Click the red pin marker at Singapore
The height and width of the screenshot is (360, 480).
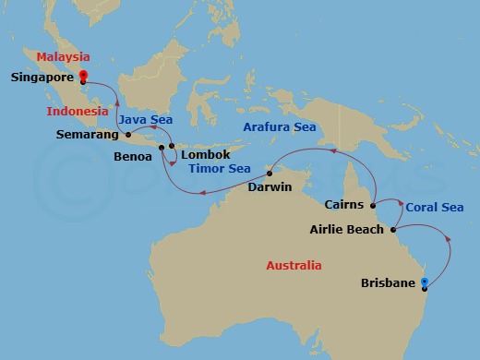tap(83, 77)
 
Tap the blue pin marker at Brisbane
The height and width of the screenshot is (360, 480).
tap(424, 282)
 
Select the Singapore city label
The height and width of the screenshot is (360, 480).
tap(42, 78)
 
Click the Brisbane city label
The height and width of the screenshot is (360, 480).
tap(389, 284)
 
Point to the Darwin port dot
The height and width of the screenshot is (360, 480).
tap(269, 173)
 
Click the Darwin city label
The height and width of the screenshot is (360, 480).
tap(270, 187)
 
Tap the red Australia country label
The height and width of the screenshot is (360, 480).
tap(294, 266)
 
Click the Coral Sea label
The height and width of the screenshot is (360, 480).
tap(435, 208)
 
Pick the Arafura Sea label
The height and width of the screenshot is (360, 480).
tap(279, 126)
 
